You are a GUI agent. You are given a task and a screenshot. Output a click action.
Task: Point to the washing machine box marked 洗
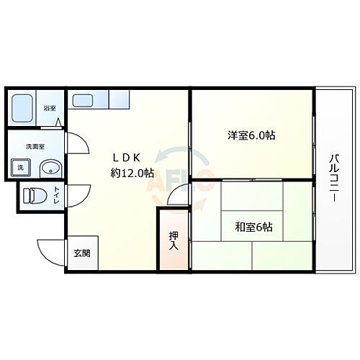[17, 170]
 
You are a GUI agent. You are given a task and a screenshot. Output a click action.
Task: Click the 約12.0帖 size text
[132, 173]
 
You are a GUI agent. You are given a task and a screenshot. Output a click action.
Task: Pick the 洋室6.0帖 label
[251, 135]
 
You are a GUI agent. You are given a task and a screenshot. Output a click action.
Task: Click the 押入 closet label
[174, 240]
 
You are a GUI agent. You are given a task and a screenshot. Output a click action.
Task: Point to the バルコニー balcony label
[336, 178]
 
